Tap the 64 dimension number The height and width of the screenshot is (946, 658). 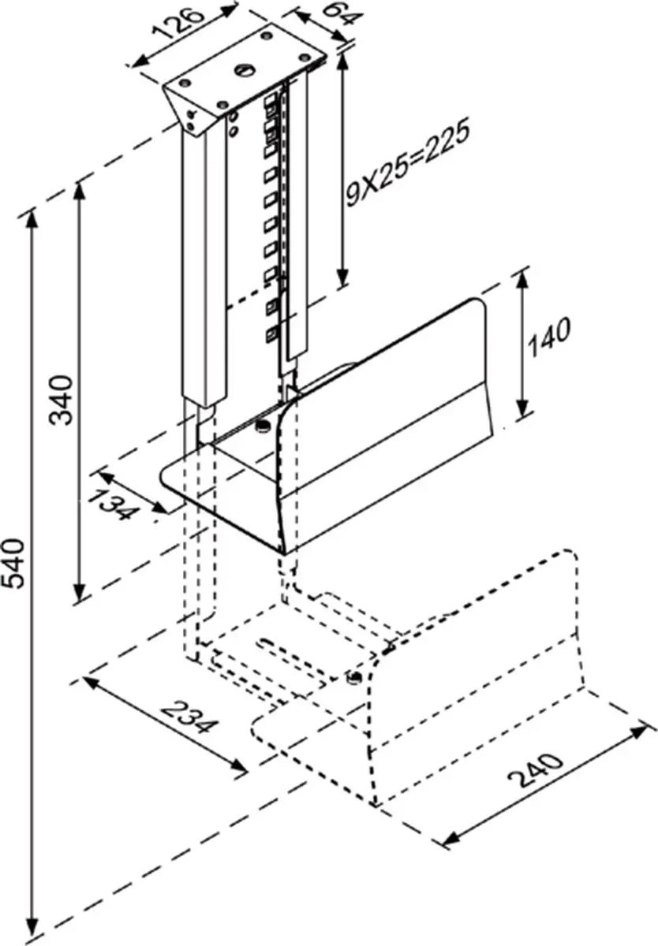(342, 16)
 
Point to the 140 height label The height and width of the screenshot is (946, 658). (549, 338)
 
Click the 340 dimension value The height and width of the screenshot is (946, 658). (62, 400)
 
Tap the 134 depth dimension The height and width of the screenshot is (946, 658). (114, 503)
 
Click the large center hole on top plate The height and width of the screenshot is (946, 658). (245, 70)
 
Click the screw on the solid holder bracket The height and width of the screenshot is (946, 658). (264, 425)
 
